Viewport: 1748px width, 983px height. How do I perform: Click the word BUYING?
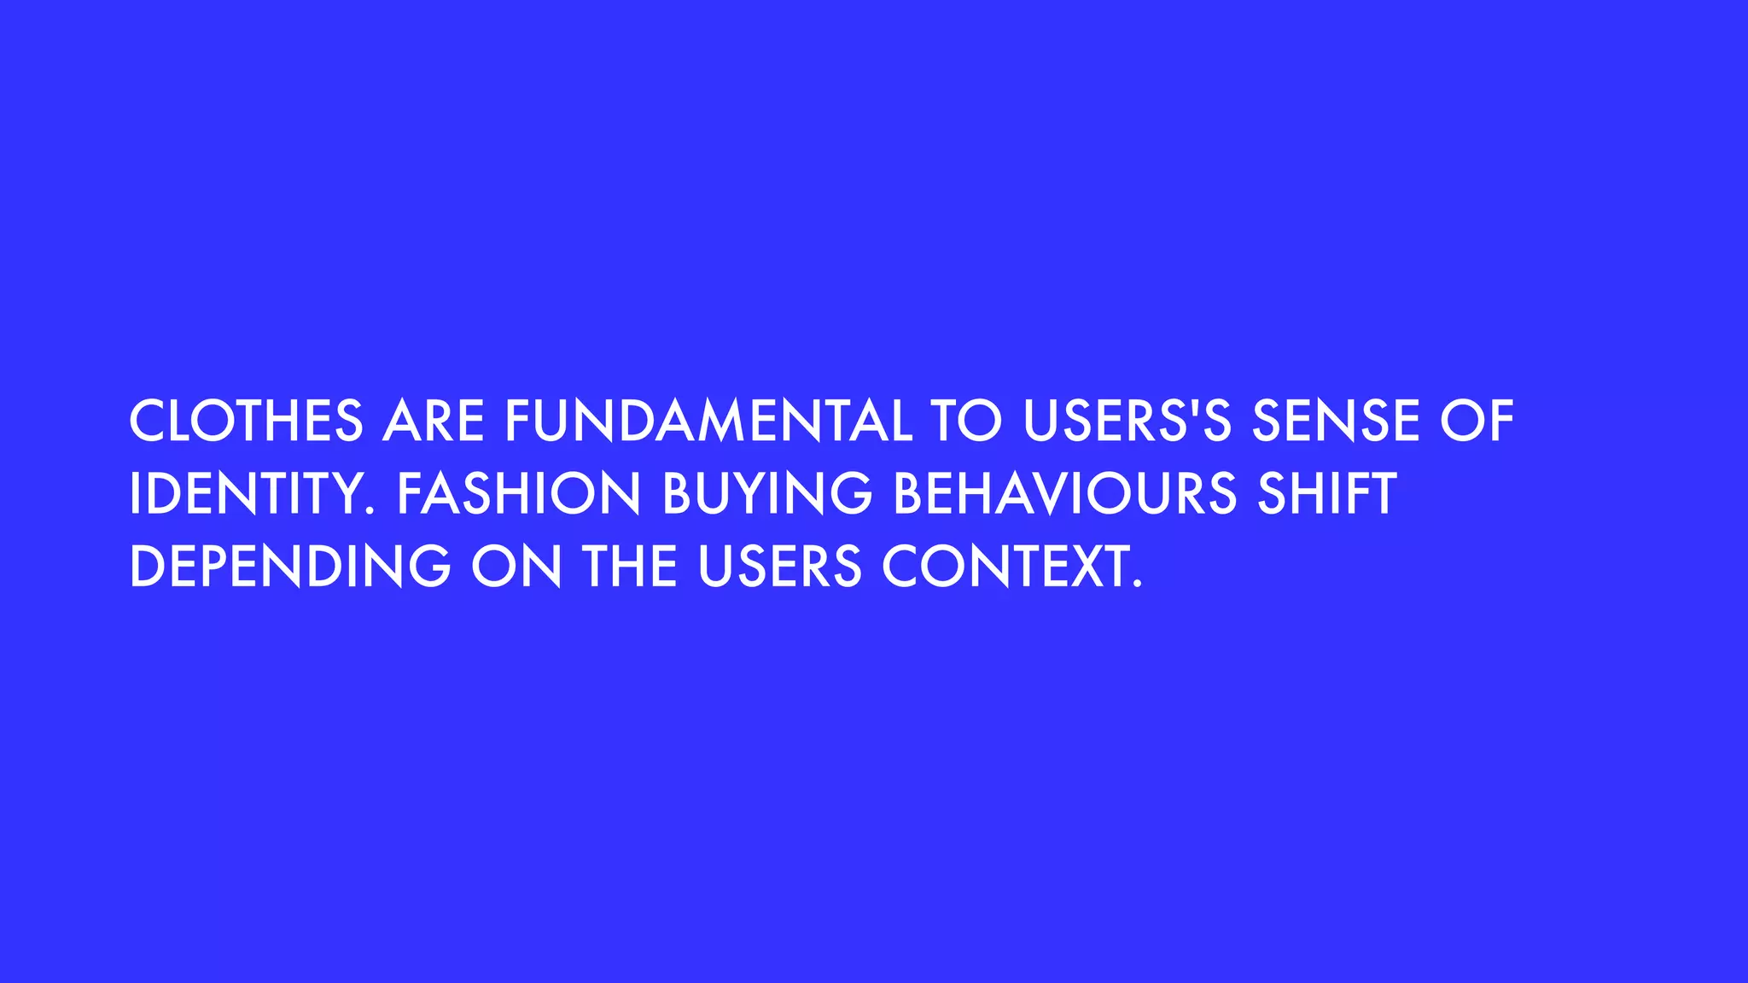coord(767,493)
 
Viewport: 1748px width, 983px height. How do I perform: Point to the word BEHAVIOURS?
coord(1064,493)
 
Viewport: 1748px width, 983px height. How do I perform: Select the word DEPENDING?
coord(290,567)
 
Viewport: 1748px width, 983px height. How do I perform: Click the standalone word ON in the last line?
coord(516,567)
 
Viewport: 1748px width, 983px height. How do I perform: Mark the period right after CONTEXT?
coord(1136,585)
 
